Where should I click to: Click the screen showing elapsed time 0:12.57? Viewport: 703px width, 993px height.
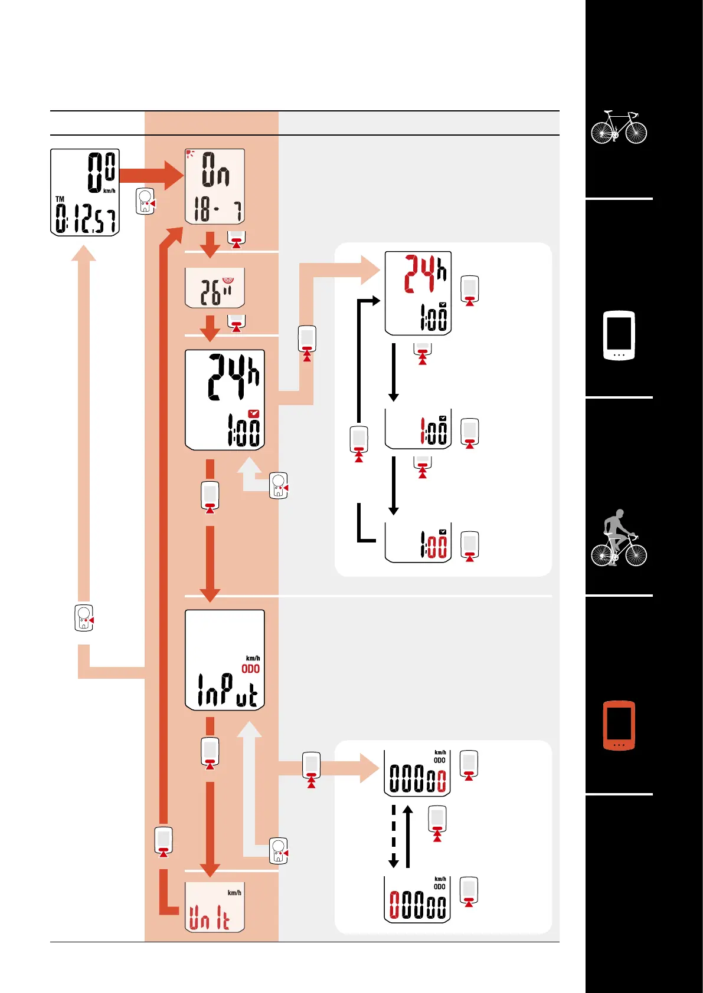pos(85,192)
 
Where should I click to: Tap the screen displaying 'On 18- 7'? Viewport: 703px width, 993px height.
pos(214,186)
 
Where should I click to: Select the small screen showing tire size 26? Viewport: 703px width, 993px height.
pos(214,288)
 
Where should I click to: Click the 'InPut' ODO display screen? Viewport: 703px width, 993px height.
pos(224,660)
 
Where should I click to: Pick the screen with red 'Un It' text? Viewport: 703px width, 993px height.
pos(214,907)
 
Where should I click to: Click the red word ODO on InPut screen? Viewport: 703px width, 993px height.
pos(250,669)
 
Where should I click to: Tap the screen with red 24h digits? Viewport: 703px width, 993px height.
pos(418,293)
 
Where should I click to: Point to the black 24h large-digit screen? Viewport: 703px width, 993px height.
pos(224,400)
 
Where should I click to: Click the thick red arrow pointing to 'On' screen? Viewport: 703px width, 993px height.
pos(151,175)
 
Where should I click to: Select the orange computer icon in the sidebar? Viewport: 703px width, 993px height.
pos(619,725)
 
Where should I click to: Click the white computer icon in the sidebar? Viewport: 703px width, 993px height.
pos(619,336)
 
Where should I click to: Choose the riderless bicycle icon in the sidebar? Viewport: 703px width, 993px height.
pos(619,127)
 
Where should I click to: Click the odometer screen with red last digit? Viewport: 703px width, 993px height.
pos(417,773)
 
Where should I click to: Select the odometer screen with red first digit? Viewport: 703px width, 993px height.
pos(417,899)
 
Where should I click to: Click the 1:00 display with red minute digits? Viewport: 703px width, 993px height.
pos(418,543)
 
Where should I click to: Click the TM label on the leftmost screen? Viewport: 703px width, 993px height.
pos(60,199)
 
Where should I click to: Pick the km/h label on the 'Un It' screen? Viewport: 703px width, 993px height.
pos(234,893)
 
